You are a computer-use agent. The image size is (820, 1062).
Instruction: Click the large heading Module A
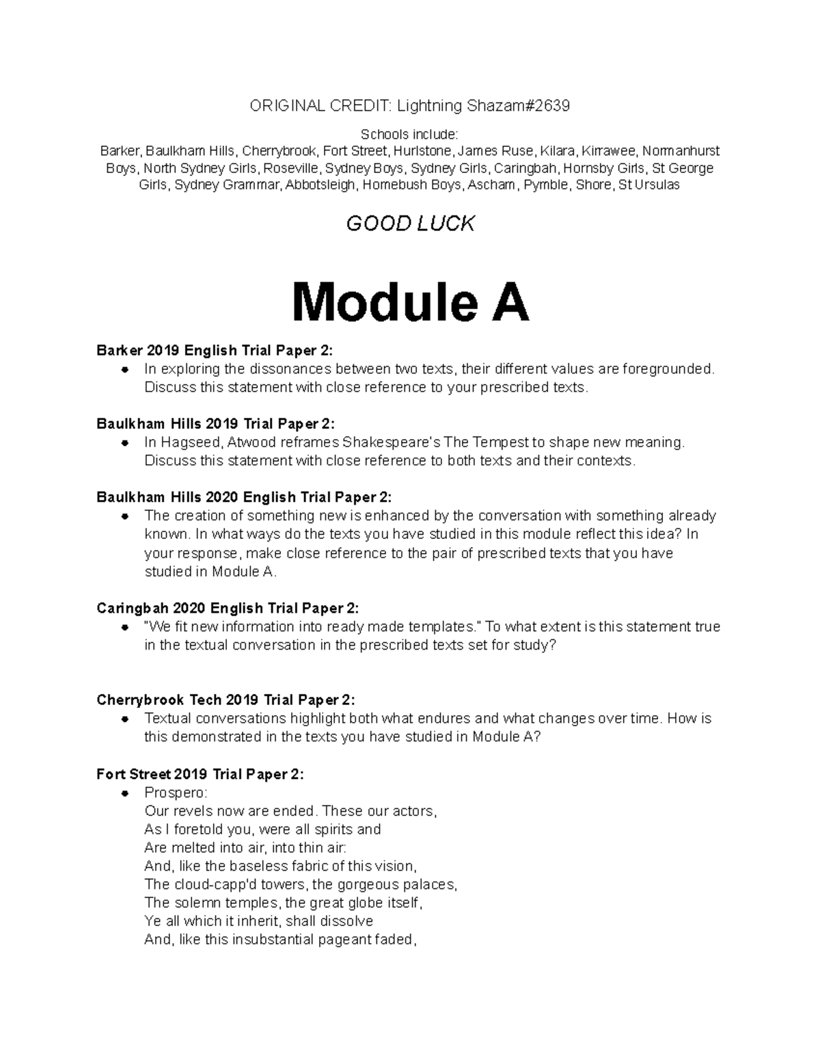pos(410,304)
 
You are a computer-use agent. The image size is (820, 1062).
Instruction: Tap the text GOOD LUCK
pos(410,224)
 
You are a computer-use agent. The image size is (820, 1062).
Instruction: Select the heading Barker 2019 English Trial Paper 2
pos(215,351)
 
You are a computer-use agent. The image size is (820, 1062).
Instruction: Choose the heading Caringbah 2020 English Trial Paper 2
pos(228,609)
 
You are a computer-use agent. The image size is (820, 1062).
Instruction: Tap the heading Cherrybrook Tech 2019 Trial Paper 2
pos(225,700)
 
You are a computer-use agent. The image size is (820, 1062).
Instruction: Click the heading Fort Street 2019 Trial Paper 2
pos(200,774)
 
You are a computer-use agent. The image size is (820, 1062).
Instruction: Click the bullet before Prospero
pos(124,793)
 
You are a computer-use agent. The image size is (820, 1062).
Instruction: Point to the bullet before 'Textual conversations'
pos(124,719)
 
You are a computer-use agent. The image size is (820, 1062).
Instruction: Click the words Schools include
pos(410,134)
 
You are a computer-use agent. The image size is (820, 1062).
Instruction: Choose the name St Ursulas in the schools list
pos(648,185)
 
